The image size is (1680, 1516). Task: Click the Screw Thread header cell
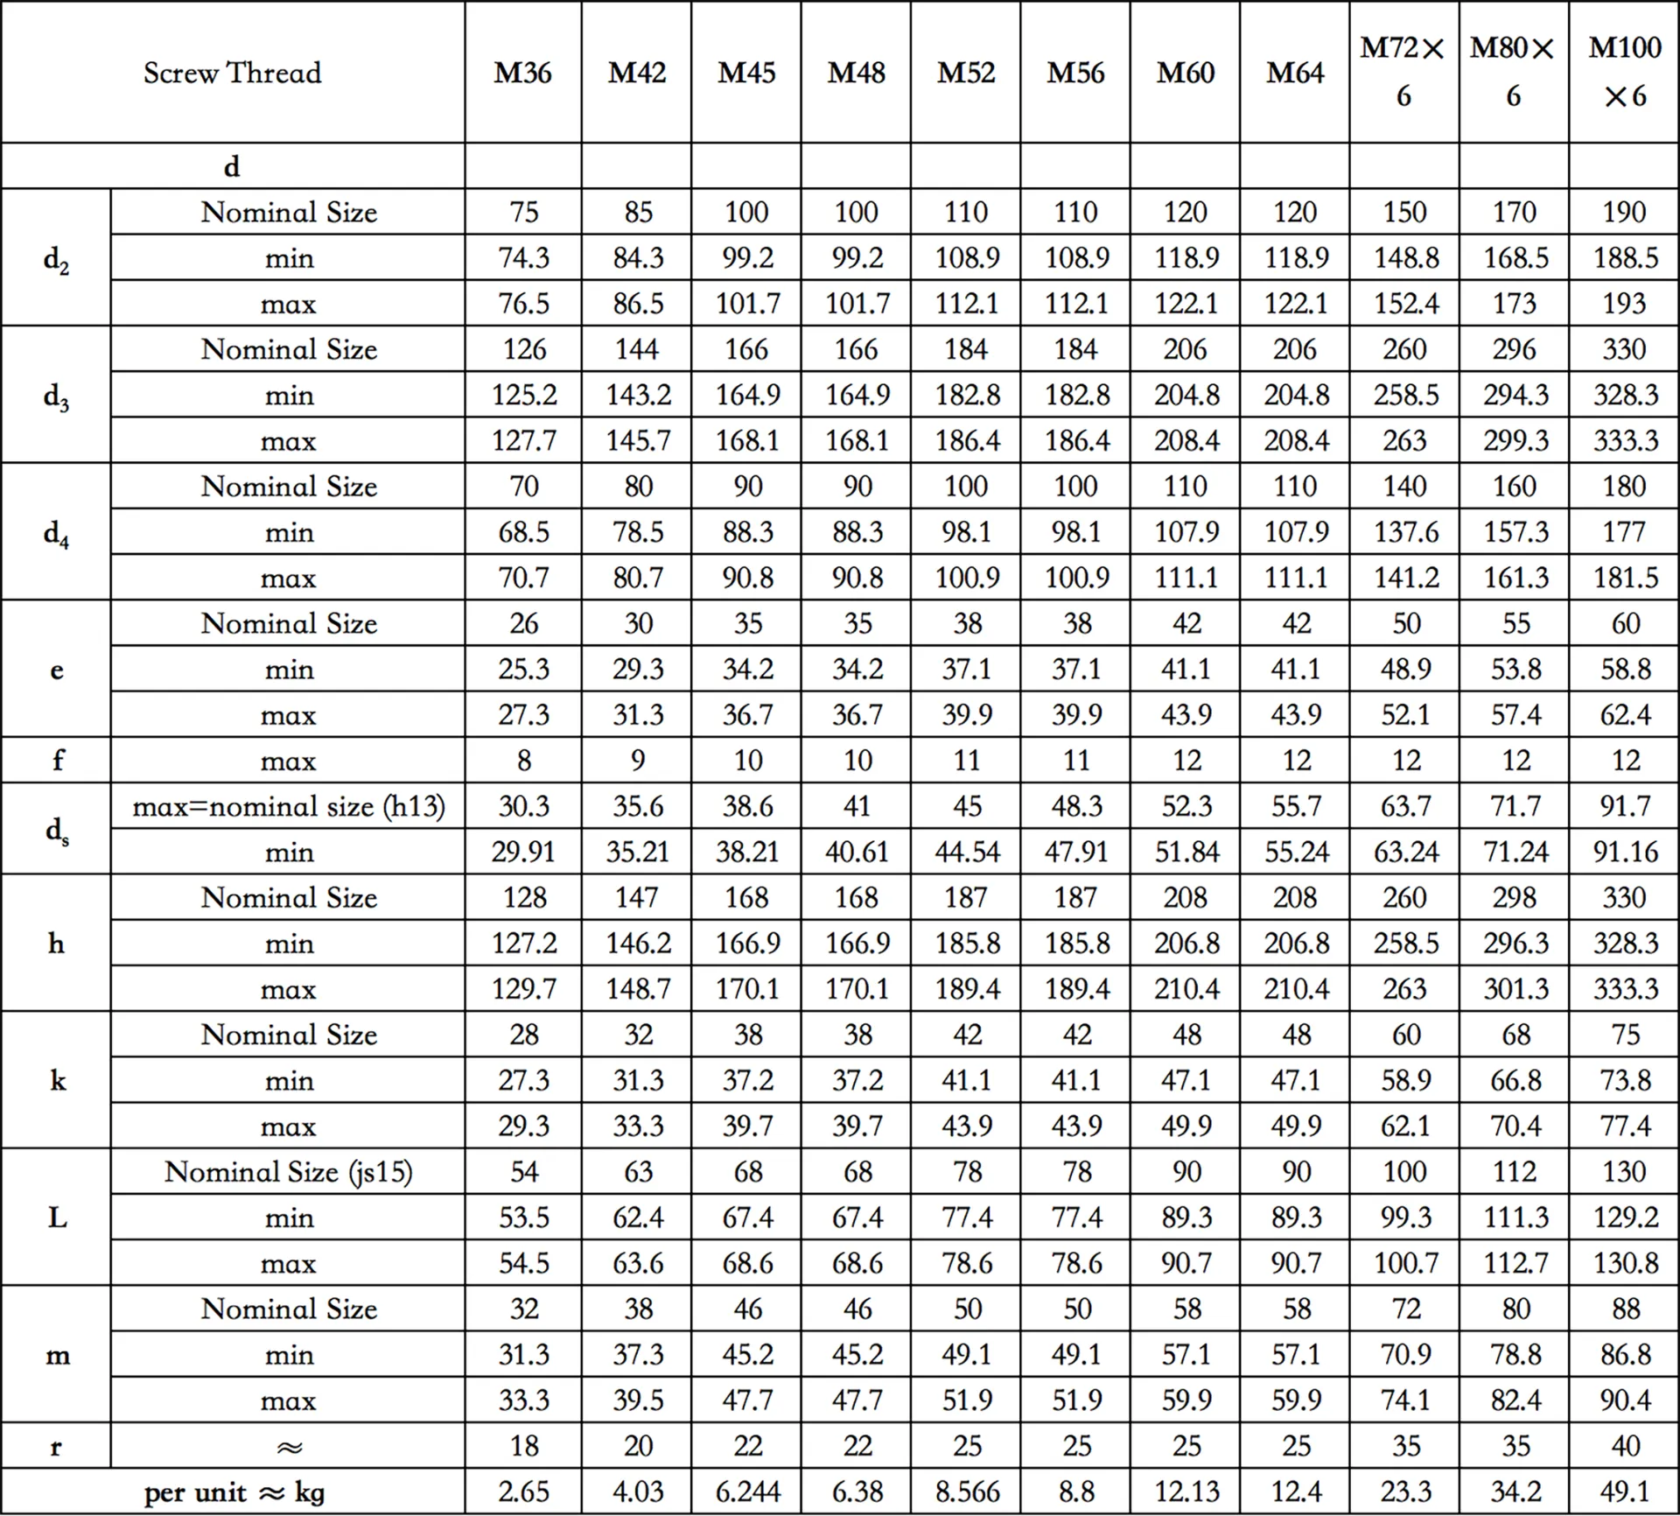tap(233, 73)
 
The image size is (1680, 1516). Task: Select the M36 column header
tap(522, 73)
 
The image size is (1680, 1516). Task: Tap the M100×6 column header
tap(1624, 72)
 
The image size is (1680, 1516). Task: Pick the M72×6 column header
tap(1403, 72)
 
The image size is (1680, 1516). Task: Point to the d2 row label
tap(56, 259)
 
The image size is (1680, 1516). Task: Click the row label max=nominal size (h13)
tap(289, 806)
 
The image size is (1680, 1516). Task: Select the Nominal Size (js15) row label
tap(289, 1172)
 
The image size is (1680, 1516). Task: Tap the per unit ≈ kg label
tap(234, 1492)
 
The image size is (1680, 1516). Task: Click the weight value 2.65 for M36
tap(523, 1492)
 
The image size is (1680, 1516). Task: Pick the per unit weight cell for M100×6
tap(1625, 1492)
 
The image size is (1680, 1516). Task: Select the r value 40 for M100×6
tap(1625, 1446)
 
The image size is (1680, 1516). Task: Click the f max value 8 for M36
tap(523, 761)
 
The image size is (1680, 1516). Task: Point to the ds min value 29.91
tap(523, 853)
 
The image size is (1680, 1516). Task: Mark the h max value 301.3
tap(1515, 989)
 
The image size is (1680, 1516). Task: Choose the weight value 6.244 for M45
tap(746, 1492)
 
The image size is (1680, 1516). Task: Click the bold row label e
tap(56, 670)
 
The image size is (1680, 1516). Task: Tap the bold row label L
tap(56, 1218)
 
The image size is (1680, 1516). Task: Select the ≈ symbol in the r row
tap(289, 1447)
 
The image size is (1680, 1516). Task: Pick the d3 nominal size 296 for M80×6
tap(1515, 349)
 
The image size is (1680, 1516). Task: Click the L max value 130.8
tap(1625, 1264)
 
